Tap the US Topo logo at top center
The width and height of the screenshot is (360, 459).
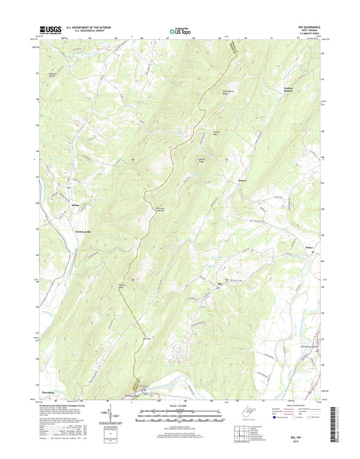click(x=179, y=30)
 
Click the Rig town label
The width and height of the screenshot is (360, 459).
click(x=218, y=283)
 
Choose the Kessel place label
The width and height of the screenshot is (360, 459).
click(x=241, y=180)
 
